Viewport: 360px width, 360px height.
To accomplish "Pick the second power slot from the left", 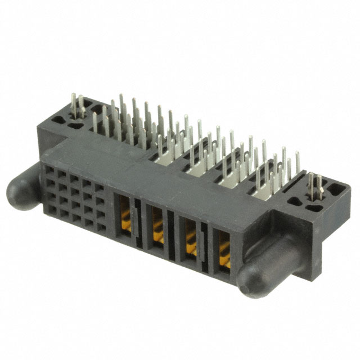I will pyautogui.click(x=157, y=225).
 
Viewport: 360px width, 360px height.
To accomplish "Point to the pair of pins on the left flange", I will pyautogui.click(x=78, y=107).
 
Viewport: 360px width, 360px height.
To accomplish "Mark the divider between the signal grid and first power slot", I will pyautogui.click(x=109, y=208).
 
